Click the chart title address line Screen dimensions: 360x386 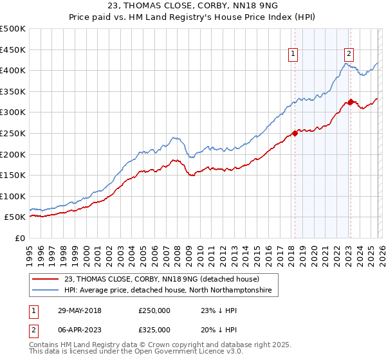[x=193, y=6]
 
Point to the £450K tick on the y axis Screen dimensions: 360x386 [x=13, y=50]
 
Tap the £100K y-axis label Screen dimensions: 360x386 [x=13, y=196]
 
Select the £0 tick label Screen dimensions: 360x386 [x=19, y=238]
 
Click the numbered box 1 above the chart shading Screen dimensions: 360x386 [x=293, y=55]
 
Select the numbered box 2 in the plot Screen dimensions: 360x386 [x=349, y=55]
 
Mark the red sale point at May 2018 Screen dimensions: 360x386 [x=295, y=134]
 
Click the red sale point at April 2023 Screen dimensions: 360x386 [x=351, y=102]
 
